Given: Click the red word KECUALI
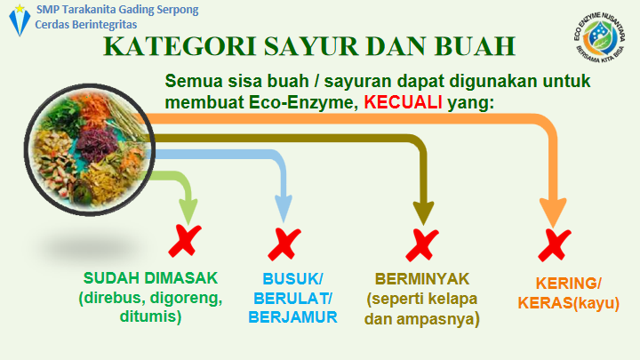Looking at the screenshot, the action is (403, 102).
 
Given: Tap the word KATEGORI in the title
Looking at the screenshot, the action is (180, 45).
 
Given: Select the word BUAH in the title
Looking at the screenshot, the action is (475, 45).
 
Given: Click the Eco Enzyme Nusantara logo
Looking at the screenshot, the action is (599, 37).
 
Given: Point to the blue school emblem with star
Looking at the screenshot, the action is (20, 20).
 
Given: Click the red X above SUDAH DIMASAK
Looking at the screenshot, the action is (185, 241).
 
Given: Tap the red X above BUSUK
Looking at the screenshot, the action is (284, 244).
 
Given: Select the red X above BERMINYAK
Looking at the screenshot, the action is (422, 245).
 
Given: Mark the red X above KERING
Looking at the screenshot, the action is (555, 245).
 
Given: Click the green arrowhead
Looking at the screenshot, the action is (188, 210).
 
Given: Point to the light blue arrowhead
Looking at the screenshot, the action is (284, 208).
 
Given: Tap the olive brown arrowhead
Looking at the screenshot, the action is (424, 212).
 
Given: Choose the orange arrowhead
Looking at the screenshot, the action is (553, 212).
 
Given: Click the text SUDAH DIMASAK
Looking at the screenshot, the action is (150, 278).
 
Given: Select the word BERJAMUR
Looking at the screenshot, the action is (292, 317).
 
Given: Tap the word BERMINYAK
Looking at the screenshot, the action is (422, 279).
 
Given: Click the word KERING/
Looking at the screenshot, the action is (569, 284).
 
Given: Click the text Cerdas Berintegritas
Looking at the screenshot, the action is (86, 25).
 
